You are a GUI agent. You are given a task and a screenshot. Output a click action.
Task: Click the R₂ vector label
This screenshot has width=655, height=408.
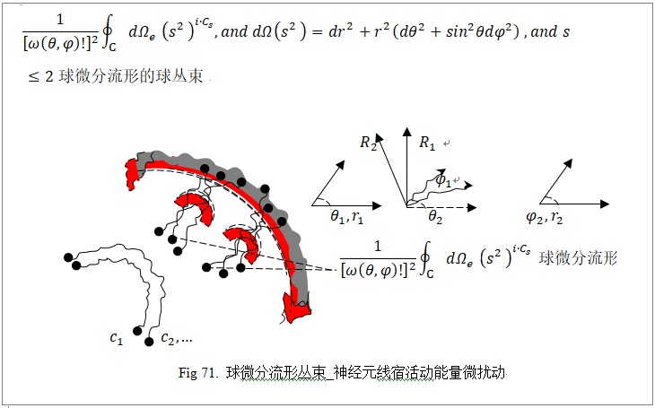(368, 143)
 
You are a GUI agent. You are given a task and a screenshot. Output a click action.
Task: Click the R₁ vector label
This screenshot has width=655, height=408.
(427, 143)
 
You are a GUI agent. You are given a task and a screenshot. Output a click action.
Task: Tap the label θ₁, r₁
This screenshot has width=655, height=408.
(347, 218)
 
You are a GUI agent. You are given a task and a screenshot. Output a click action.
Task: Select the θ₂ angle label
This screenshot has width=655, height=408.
(435, 218)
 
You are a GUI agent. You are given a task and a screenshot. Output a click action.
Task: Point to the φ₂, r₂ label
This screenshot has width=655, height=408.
(545, 218)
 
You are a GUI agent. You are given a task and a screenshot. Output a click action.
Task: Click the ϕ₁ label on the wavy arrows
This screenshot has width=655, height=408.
(443, 180)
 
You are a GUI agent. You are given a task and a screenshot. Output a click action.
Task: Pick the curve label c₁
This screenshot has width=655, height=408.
(116, 337)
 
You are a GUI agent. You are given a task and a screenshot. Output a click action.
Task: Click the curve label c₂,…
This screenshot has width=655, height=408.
(176, 338)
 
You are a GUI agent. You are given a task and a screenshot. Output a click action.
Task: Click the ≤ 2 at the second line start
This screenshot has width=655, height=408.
(41, 77)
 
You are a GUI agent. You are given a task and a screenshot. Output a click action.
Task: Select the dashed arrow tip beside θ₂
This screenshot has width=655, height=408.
(472, 207)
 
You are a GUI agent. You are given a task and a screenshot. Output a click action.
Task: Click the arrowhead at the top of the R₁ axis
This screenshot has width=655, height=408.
(406, 133)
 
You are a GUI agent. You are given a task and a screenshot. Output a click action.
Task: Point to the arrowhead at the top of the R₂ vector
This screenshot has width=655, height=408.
(380, 138)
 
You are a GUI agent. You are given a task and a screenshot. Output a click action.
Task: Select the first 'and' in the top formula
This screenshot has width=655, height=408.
(235, 32)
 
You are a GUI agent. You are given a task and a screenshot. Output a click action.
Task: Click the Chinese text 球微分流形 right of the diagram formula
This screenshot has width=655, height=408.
(578, 258)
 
